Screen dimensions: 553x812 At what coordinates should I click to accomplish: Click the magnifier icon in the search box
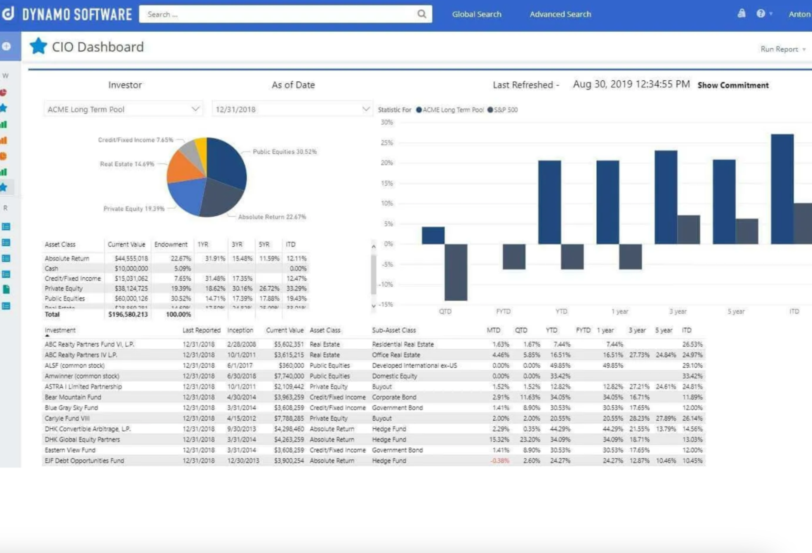[422, 14]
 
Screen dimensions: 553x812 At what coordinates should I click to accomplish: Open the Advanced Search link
[560, 14]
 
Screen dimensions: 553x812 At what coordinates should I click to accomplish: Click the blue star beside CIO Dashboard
[38, 46]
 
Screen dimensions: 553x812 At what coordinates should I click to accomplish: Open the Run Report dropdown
[782, 49]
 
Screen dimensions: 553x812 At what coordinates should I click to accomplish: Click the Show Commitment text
[733, 85]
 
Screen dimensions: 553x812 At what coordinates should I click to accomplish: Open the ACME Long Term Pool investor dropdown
[123, 110]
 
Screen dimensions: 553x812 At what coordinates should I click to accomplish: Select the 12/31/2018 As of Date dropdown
[292, 110]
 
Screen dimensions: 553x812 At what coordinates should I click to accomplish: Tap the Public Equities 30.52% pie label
[285, 151]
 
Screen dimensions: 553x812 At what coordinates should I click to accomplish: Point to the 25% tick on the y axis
[387, 142]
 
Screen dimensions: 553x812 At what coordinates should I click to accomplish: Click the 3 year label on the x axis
[678, 311]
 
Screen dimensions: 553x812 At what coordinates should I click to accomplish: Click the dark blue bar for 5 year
[724, 202]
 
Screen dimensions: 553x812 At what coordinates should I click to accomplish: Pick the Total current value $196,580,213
[128, 314]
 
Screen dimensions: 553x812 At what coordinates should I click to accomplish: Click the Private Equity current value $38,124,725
[131, 288]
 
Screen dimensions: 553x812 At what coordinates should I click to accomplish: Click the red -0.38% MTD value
[499, 460]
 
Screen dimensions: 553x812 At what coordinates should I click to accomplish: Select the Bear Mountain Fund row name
[73, 397]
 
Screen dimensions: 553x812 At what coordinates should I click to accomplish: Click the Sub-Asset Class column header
[394, 330]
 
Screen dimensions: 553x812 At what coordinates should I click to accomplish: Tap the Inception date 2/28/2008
[241, 344]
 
